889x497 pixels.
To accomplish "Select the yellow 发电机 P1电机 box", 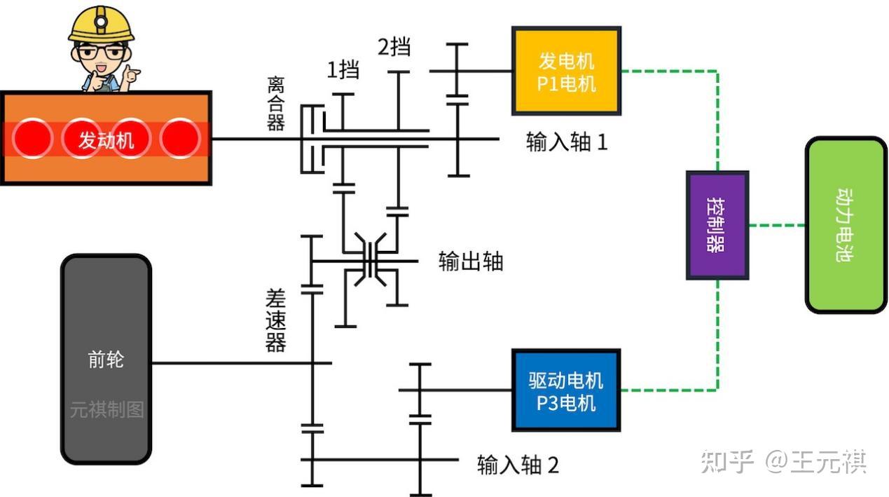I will click(x=566, y=72).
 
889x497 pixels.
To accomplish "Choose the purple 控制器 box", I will click(x=717, y=225).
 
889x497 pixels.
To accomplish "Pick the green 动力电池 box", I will click(x=846, y=225).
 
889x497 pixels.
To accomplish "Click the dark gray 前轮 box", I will click(x=106, y=360).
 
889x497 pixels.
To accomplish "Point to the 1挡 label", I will click(x=343, y=69).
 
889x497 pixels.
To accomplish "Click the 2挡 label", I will click(x=394, y=47).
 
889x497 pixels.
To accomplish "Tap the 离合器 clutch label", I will click(x=276, y=104).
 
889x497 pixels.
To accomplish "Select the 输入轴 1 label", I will click(x=567, y=142).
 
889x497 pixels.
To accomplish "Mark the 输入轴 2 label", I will click(x=518, y=465).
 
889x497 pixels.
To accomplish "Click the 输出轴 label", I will click(x=471, y=261).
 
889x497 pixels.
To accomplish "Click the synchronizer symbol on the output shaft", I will click(x=370, y=261).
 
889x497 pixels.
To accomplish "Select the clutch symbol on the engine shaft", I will click(x=312, y=139).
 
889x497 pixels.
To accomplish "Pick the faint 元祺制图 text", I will click(x=106, y=409).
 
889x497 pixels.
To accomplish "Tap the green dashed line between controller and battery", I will click(x=777, y=225).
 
